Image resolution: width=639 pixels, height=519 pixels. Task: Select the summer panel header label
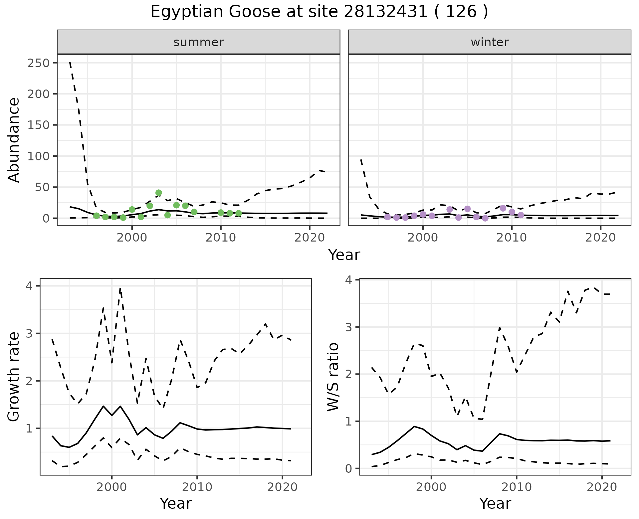(199, 42)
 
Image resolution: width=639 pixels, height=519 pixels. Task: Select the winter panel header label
(490, 42)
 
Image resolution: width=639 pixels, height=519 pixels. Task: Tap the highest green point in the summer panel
(159, 193)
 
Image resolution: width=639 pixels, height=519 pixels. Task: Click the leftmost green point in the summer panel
(97, 216)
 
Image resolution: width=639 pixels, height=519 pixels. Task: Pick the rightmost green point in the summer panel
(239, 213)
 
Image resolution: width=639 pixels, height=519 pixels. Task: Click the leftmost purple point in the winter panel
(387, 217)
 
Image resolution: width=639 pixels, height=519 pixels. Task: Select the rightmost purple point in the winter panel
(521, 215)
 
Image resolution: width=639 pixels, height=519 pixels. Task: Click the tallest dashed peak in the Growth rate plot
(120, 288)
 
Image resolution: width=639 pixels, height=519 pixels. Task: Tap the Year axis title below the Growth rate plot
(176, 503)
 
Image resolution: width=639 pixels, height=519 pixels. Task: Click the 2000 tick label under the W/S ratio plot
(431, 487)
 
